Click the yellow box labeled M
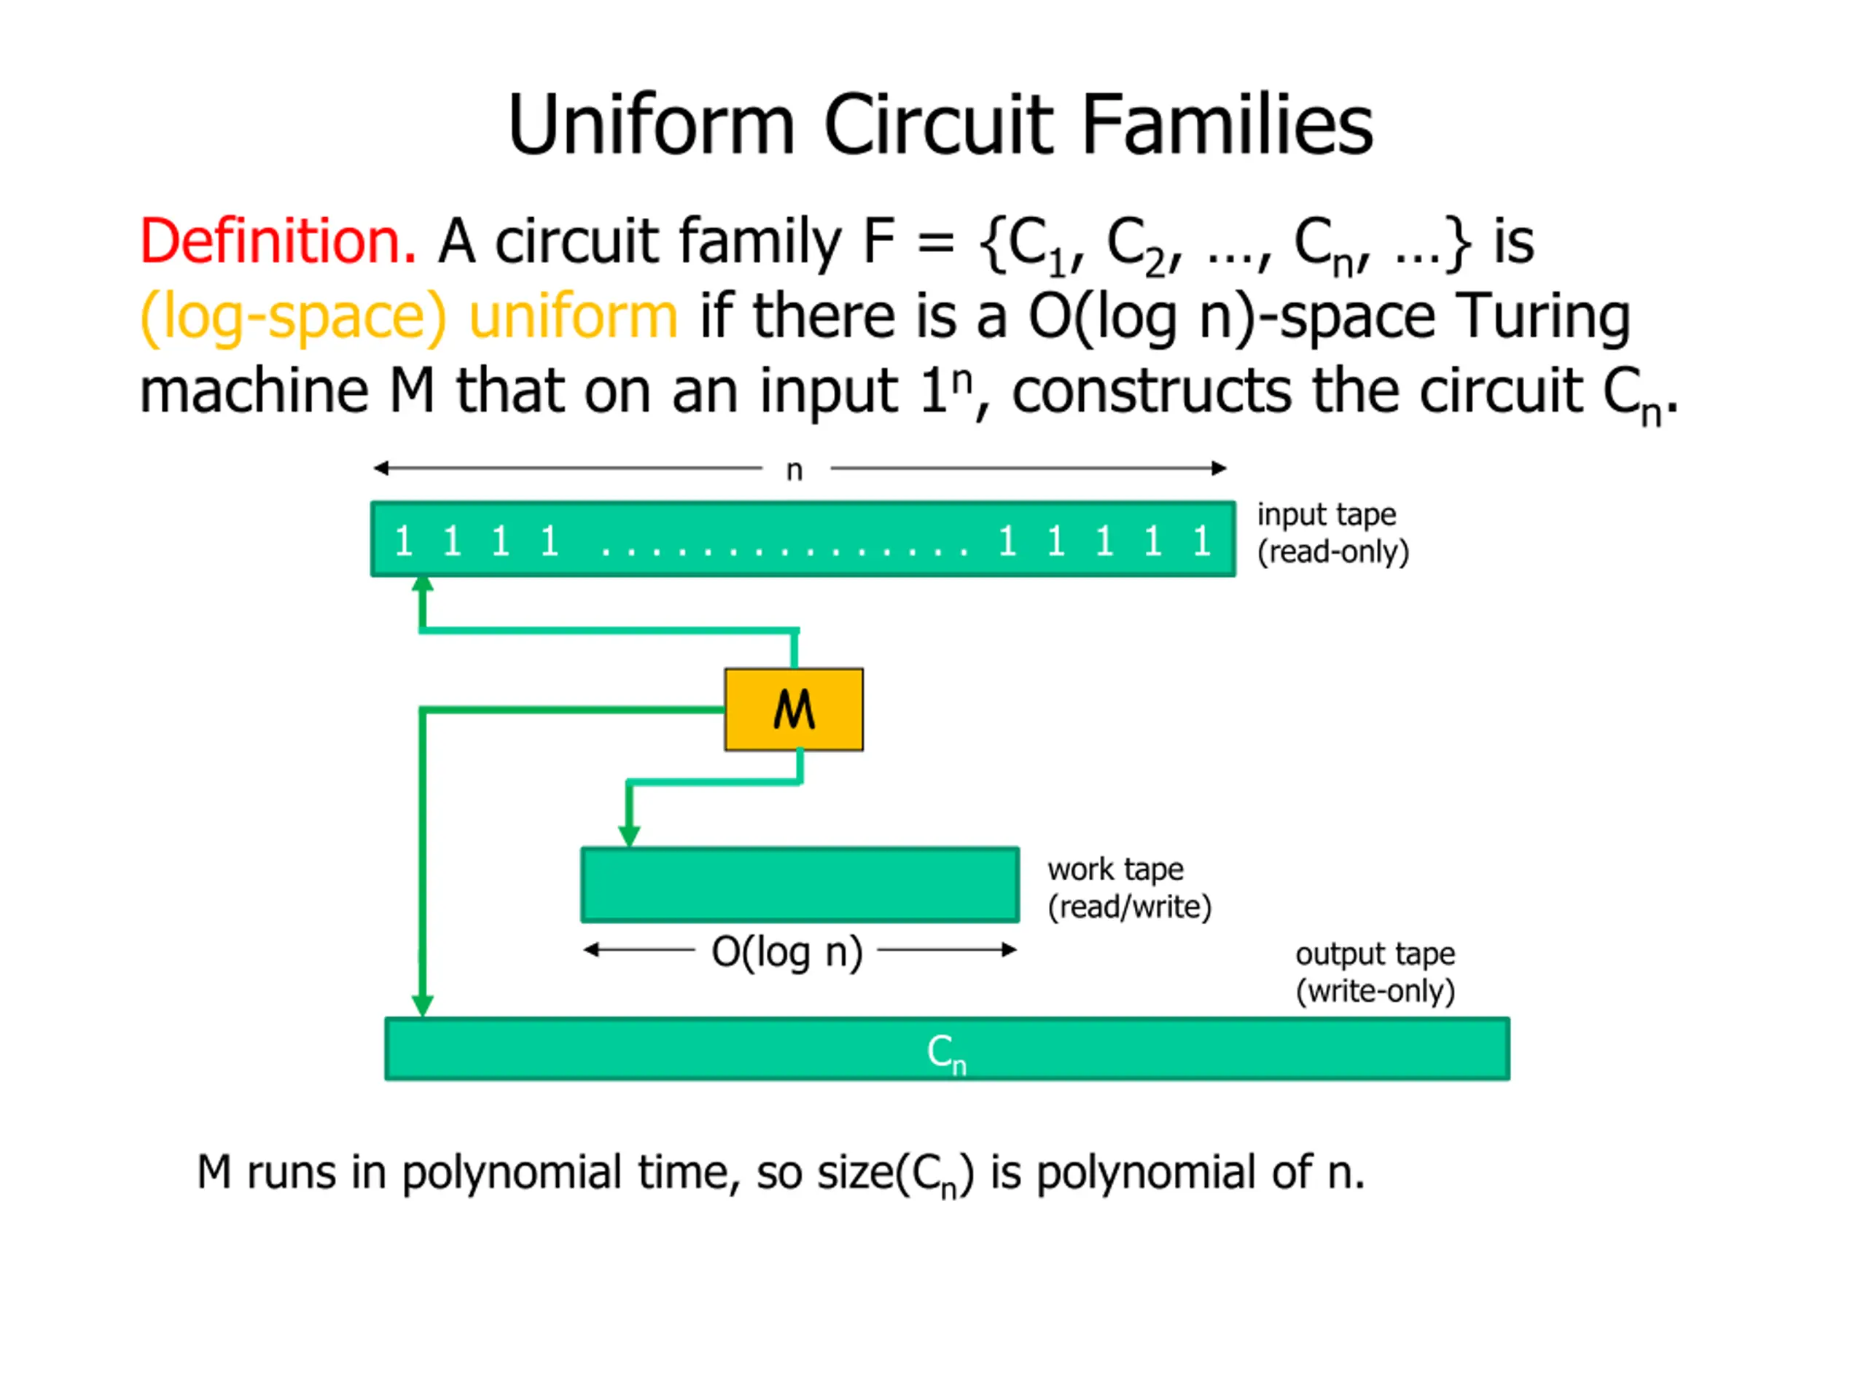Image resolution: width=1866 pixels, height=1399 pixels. tap(793, 709)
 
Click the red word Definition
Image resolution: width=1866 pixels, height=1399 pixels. tap(278, 242)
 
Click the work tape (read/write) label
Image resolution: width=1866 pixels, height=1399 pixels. tap(1128, 887)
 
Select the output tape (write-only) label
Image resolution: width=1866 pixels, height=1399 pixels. tap(1375, 971)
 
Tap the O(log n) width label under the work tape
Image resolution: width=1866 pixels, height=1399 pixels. tap(786, 952)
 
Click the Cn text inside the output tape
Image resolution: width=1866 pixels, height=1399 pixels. tap(945, 1052)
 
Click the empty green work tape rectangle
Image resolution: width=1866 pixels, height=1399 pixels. tap(800, 885)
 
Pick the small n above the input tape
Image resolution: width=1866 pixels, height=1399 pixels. tap(794, 470)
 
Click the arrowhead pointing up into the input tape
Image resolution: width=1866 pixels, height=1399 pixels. tap(423, 584)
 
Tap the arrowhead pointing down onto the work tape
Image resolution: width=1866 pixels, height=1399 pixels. tap(629, 836)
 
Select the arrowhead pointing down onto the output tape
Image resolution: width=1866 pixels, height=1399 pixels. tap(423, 1006)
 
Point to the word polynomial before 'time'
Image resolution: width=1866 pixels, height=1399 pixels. tap(511, 1172)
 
